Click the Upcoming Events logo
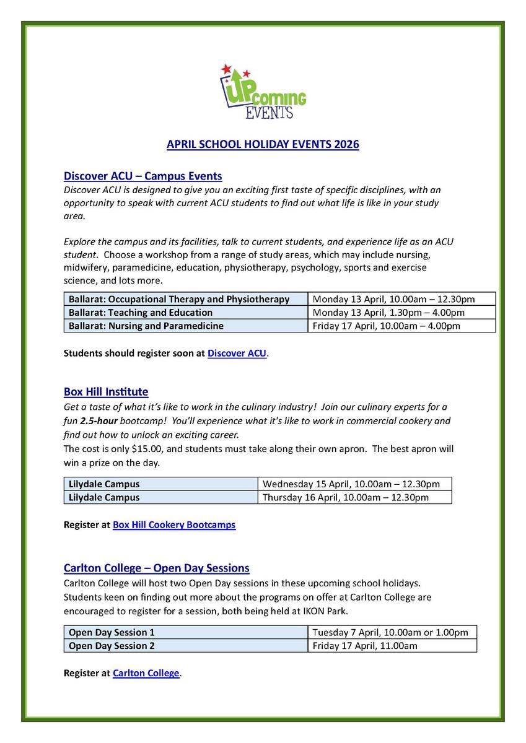click(263, 92)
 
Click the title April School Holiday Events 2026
click(263, 145)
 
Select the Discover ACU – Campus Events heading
click(142, 176)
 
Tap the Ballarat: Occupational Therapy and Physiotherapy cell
click(179, 299)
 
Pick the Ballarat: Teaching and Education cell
click(141, 313)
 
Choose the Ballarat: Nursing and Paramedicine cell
click(146, 326)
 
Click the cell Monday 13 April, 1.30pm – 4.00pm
click(388, 313)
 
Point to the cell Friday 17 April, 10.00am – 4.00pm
click(386, 326)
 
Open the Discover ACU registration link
click(237, 354)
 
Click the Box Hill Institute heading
click(106, 392)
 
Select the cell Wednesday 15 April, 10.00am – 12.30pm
click(351, 484)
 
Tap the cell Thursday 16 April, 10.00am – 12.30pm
click(345, 497)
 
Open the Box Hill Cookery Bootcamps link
click(174, 525)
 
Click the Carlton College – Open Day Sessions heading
click(156, 568)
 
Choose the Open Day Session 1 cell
click(112, 632)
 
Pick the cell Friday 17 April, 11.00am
click(364, 646)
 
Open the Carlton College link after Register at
click(146, 673)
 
